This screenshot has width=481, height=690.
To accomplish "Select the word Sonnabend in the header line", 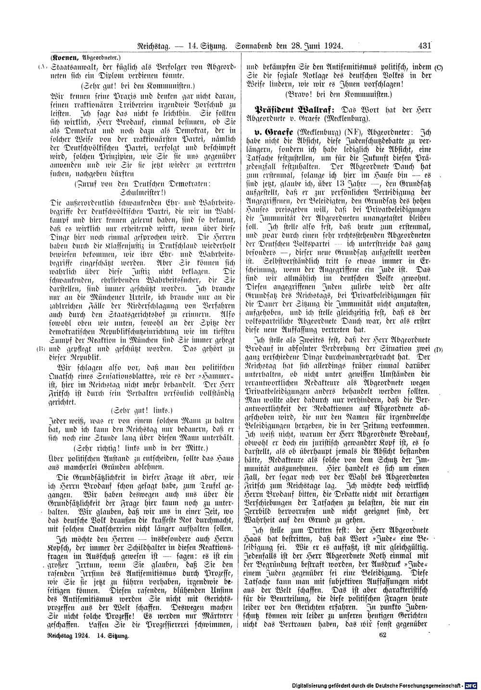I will [257, 46].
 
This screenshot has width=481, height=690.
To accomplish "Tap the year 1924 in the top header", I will [331, 46].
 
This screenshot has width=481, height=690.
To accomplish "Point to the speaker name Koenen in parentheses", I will [68, 55].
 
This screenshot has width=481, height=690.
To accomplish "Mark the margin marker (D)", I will [438, 348].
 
